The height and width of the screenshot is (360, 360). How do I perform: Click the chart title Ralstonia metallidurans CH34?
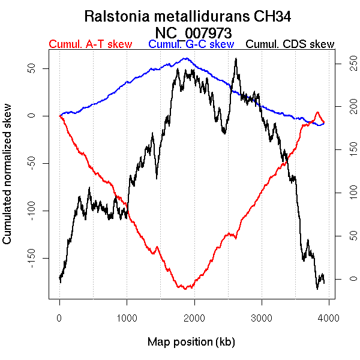191,16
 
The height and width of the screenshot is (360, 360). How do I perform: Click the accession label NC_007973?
191,32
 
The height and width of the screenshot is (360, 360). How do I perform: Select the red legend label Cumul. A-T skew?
90,44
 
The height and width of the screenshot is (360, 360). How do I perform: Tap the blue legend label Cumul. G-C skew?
191,44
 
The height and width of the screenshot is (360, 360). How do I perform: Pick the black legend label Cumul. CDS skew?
290,44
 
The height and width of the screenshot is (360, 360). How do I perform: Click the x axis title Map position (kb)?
191,342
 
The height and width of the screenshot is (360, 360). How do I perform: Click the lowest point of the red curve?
186,289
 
